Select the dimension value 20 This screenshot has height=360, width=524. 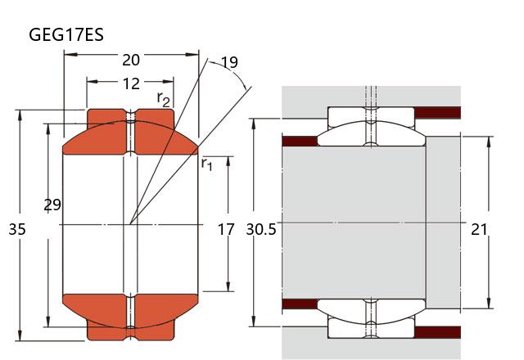[131, 60]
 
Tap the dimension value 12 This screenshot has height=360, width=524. [131, 83]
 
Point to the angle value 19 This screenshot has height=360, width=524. [229, 62]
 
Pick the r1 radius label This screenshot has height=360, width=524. [207, 164]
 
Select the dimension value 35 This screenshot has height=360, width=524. [16, 230]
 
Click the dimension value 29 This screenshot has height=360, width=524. [52, 205]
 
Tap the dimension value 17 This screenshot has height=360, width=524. [226, 230]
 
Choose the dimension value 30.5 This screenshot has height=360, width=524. [261, 230]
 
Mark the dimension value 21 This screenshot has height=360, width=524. [481, 230]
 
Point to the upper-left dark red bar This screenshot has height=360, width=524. [299, 139]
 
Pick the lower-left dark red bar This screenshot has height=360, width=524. [299, 305]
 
